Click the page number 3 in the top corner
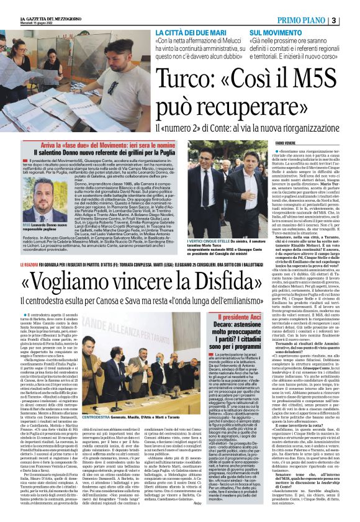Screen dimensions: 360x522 point(351,19)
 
